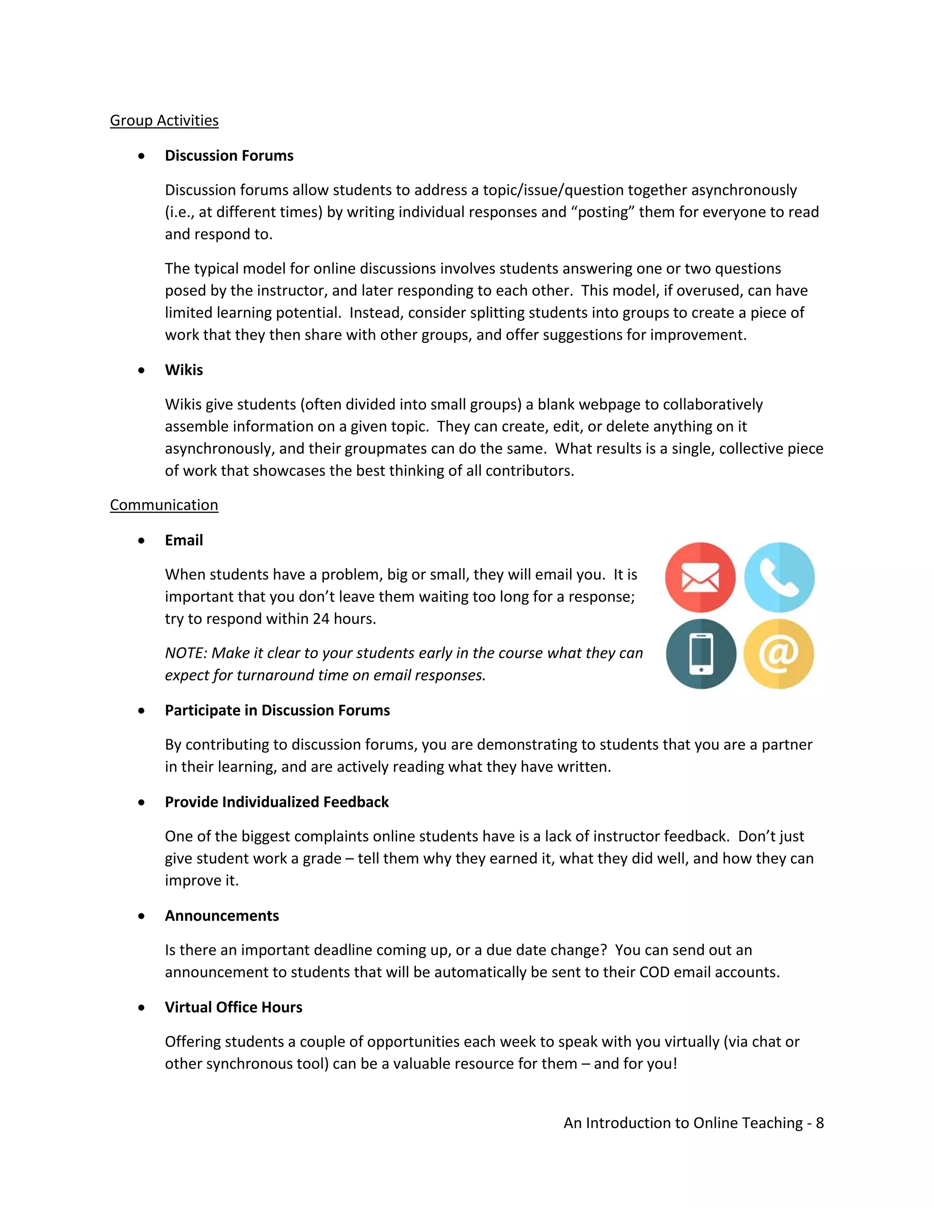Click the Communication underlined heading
pos(164,505)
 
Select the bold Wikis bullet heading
pos(184,370)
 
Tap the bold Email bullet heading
pos(184,540)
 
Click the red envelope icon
pos(700,577)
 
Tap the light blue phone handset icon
pos(779,577)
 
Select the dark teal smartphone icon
pos(700,654)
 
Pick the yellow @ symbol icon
pos(778,654)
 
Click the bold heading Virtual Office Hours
pos(233,1007)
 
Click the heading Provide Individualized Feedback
pos(277,801)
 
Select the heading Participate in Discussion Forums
pos(277,710)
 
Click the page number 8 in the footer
pos(820,1123)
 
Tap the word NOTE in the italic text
pos(185,653)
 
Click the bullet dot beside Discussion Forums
pos(142,156)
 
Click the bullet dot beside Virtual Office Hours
pos(142,1008)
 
